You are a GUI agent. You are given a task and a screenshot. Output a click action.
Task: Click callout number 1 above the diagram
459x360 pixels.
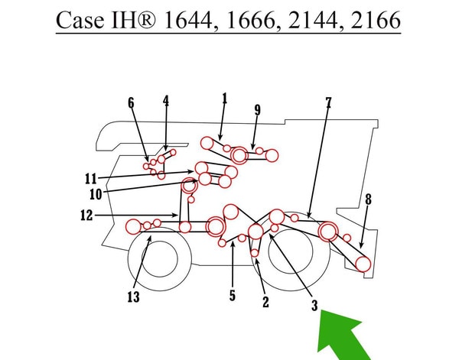tap(224, 99)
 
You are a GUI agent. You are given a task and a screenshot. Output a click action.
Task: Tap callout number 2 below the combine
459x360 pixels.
tap(265, 302)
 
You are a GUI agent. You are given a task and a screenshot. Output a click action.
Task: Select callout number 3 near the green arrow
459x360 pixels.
tap(314, 306)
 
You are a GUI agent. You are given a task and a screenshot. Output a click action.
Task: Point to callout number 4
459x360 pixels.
tap(166, 101)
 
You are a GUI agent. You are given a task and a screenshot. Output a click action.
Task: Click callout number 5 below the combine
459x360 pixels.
tap(233, 295)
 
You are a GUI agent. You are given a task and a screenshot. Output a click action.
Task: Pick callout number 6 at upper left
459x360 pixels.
tap(131, 103)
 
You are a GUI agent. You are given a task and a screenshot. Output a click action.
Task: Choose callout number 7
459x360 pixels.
tap(328, 103)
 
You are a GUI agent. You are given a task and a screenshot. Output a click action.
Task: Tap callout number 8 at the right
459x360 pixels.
tap(368, 199)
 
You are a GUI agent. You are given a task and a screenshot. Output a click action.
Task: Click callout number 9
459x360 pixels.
tap(257, 110)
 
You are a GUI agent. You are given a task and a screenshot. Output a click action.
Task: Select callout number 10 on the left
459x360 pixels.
tap(96, 194)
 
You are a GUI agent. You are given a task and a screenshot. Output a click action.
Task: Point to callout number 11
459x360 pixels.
tap(91, 179)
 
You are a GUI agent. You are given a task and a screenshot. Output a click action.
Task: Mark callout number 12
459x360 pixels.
tap(86, 216)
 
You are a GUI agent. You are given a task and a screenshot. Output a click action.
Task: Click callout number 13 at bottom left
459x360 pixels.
tap(133, 297)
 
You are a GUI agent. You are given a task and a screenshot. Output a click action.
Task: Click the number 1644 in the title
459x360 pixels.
tap(187, 20)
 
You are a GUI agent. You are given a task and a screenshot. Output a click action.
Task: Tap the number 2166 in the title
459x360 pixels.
tap(376, 20)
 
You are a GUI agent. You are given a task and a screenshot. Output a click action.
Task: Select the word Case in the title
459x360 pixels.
tap(80, 21)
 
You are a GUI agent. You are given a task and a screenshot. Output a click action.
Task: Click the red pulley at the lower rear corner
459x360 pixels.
tap(363, 264)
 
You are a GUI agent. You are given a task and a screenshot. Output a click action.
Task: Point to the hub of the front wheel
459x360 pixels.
tap(160, 259)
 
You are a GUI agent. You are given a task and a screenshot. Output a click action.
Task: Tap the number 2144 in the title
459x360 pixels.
tap(312, 20)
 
